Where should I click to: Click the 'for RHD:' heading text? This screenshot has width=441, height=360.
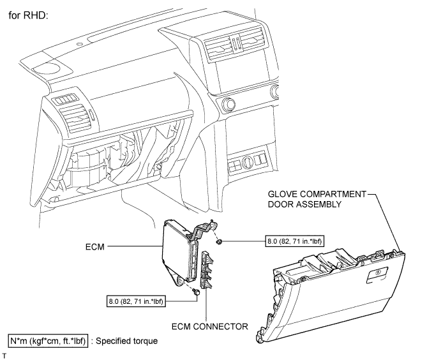point(29,15)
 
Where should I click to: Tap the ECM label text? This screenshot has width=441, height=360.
point(95,246)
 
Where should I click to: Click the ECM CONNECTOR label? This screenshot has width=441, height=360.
point(210,327)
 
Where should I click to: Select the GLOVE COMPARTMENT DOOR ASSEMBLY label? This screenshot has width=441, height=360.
point(317,199)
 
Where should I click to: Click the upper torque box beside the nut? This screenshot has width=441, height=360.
point(294,241)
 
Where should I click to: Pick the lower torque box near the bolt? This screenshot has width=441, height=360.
point(136,301)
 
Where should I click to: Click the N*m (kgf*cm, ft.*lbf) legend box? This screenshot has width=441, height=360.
point(48,341)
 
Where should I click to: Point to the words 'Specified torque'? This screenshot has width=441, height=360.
point(127,341)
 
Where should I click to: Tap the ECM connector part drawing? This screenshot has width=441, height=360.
point(207,270)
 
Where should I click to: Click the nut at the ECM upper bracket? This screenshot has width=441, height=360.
point(219,241)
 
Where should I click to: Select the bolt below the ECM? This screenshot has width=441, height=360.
point(196,292)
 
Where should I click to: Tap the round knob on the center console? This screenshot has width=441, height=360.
point(228,104)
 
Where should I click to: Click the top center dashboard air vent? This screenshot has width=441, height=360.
point(235,43)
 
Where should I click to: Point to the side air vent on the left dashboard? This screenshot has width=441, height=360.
point(75,119)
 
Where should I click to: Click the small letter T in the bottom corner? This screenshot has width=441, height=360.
point(4,356)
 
